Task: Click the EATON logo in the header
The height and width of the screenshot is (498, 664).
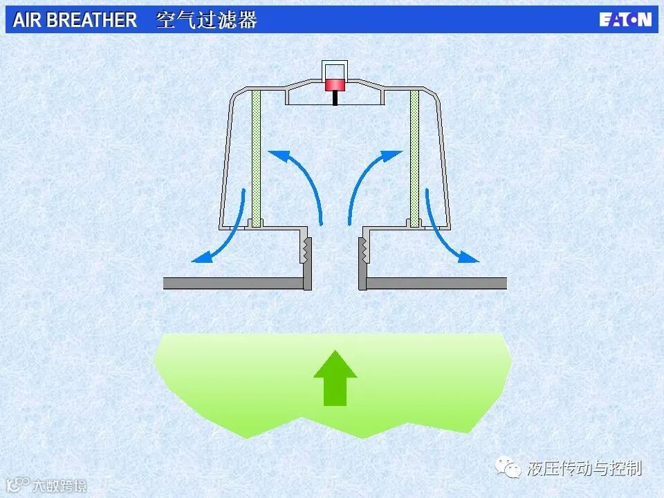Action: [625, 19]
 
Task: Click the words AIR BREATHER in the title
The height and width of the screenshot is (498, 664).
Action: [75, 20]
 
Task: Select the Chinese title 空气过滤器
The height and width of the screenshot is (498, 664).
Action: [207, 20]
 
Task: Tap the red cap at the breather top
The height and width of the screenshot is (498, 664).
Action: [335, 85]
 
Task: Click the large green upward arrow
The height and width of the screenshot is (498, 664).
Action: [335, 378]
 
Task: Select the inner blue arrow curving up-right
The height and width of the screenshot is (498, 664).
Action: [367, 180]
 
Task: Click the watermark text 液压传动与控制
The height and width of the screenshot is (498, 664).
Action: [584, 468]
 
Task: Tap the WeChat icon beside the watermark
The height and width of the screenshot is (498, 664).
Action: [513, 469]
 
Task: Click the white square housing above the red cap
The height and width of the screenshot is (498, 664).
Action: [335, 70]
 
